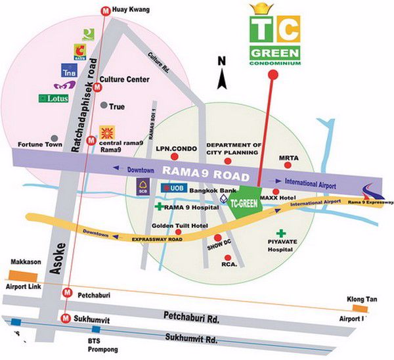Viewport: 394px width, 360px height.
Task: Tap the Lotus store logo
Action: tap(54, 99)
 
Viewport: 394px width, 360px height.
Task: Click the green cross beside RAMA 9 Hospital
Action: tap(158, 207)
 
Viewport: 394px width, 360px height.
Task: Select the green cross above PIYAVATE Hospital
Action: tap(282, 233)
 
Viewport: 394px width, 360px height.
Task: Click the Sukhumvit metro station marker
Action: tap(66, 317)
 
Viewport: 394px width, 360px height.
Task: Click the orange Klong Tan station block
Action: tap(359, 307)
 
